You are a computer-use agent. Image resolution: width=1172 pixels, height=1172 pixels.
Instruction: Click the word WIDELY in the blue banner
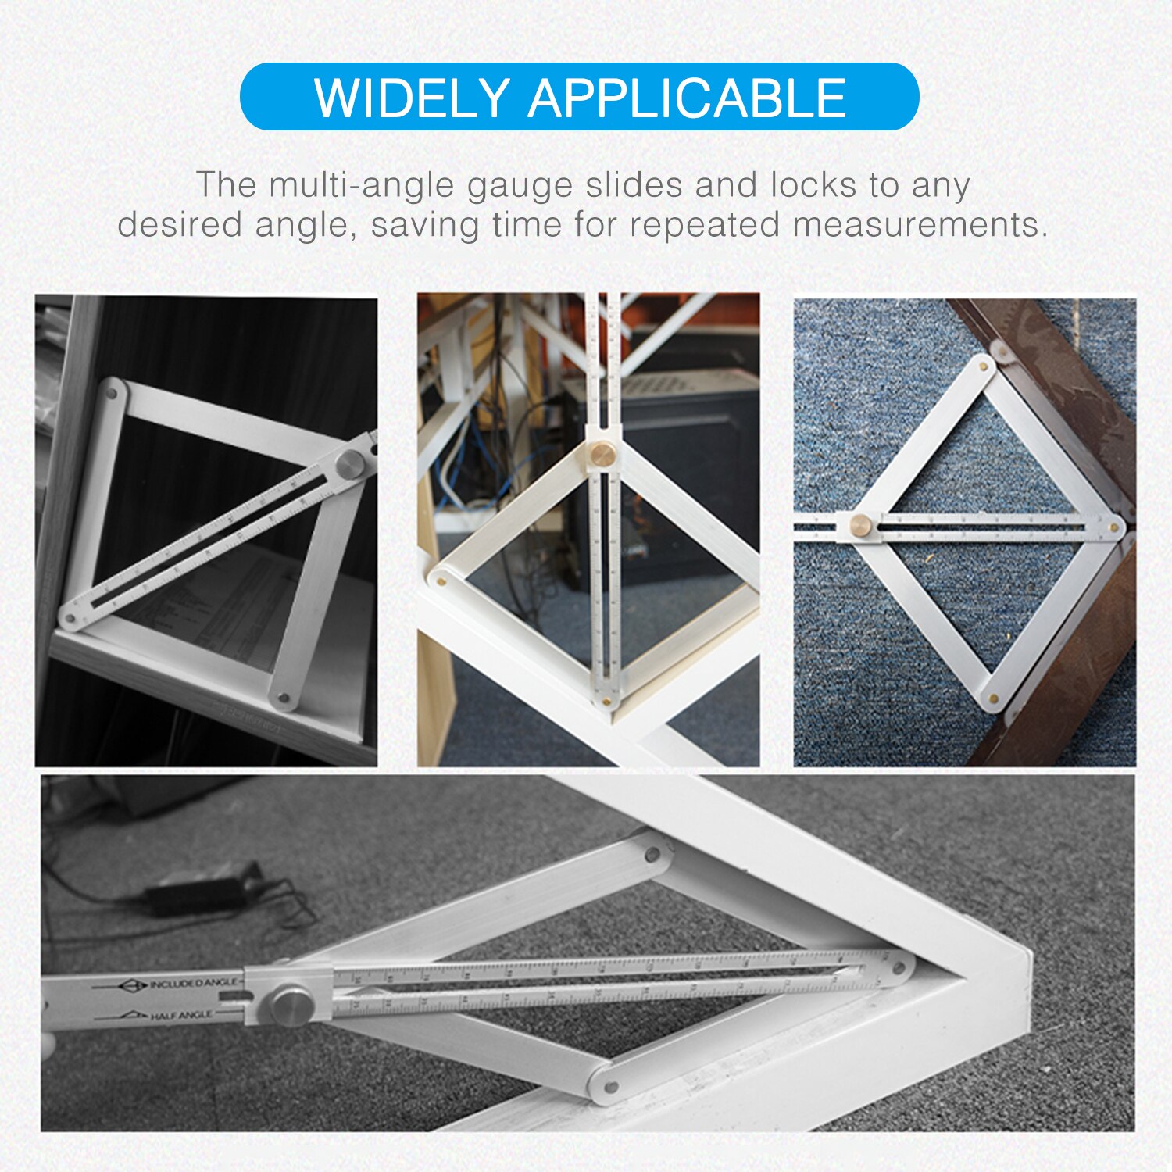click(x=412, y=98)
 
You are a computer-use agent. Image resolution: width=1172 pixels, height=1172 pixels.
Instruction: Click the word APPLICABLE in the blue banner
click(x=687, y=98)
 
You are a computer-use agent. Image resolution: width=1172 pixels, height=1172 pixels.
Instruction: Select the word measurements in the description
click(x=919, y=225)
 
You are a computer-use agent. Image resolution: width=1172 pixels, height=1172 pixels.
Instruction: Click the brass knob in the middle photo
click(x=602, y=452)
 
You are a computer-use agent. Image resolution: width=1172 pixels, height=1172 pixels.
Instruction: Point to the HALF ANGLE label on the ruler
click(x=180, y=1016)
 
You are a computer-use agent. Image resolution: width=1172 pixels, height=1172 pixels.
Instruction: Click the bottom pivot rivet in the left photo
click(x=283, y=697)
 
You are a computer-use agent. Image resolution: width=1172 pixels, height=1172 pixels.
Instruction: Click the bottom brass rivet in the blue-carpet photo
click(x=993, y=699)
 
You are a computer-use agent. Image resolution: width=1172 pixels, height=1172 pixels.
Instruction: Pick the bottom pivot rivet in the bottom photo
click(x=612, y=1086)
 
